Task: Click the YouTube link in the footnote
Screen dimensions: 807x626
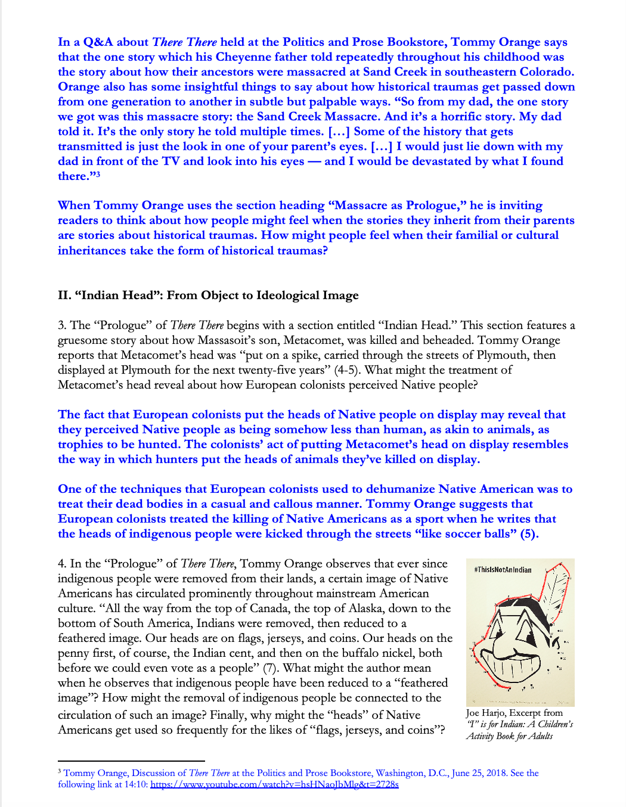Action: (274, 784)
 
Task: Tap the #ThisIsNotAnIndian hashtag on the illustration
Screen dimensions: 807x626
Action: (503, 570)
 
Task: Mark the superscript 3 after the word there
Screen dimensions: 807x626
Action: (98, 174)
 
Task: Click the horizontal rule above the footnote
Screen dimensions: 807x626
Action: (131, 761)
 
